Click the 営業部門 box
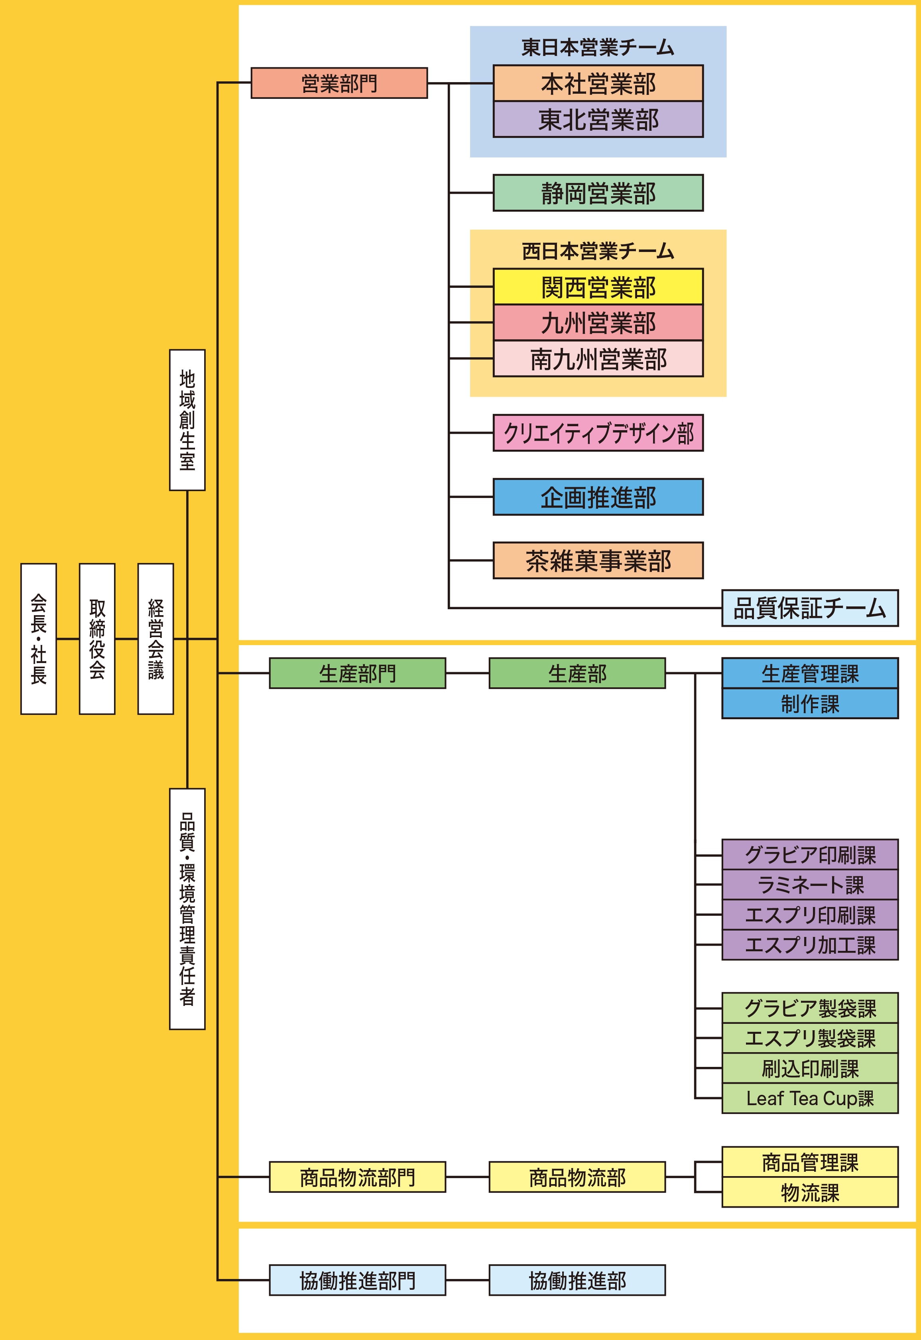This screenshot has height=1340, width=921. [339, 83]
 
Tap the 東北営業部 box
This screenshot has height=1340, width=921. [598, 120]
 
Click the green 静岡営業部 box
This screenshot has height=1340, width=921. [598, 193]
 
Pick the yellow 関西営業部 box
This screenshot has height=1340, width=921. [598, 287]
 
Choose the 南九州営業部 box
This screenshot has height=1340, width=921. [598, 359]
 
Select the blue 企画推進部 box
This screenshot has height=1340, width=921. [598, 497]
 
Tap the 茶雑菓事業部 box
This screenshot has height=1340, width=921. [598, 560]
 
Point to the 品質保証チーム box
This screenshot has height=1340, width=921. [810, 608]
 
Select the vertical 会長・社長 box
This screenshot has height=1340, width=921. [39, 639]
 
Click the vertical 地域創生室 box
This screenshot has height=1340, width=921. [187, 420]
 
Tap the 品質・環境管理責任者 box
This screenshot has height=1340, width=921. [187, 909]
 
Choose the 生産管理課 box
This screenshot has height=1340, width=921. [810, 673]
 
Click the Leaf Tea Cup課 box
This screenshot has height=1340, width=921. [810, 1098]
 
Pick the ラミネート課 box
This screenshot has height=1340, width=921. [810, 885]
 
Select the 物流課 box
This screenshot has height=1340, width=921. [810, 1192]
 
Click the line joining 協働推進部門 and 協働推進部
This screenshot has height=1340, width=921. [467, 1280]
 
